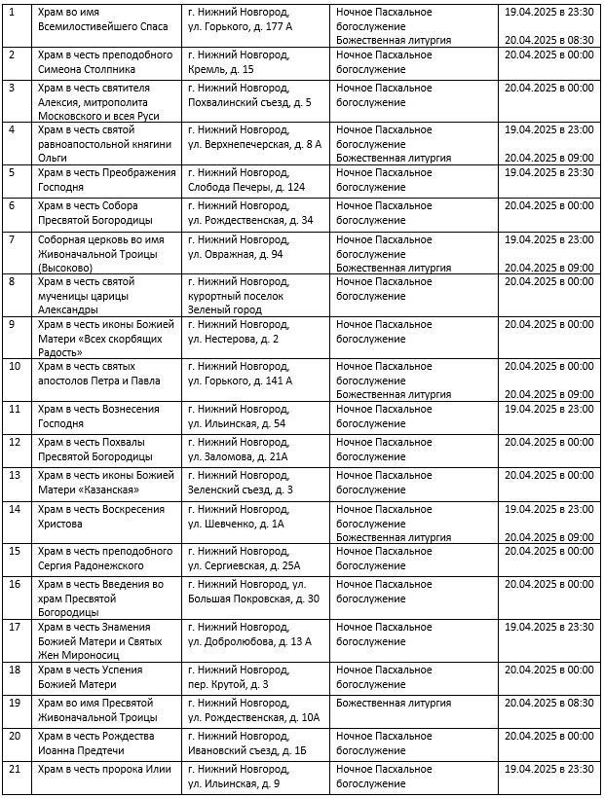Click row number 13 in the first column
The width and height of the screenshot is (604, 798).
[14, 475]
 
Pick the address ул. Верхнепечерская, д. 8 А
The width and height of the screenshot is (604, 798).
[254, 144]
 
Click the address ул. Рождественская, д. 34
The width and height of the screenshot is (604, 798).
[250, 220]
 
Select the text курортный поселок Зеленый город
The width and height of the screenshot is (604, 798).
[236, 302]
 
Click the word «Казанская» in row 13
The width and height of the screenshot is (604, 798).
[105, 490]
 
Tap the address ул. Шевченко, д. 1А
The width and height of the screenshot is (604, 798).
[236, 524]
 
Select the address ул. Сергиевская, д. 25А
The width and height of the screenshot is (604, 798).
[245, 565]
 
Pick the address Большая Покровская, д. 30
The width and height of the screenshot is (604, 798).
[253, 598]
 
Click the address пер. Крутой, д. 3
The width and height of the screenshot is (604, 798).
[228, 684]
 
